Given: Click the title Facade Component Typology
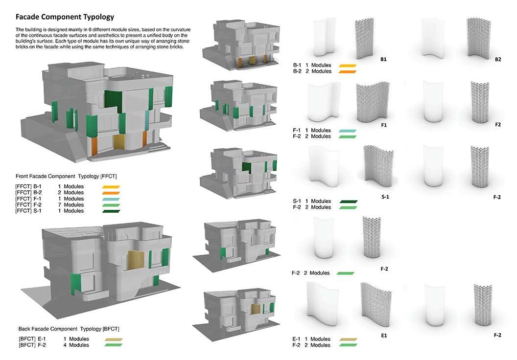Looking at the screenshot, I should click(65, 17).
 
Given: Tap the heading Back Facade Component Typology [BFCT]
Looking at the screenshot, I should click(69, 329).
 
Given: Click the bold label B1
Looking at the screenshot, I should click(383, 60).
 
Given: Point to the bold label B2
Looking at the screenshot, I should click(498, 60).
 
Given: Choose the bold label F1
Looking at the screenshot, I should click(384, 125).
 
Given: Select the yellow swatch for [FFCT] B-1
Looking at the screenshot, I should click(112, 187).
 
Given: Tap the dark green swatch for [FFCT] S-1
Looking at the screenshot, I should click(112, 211).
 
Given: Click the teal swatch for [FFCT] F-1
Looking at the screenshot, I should click(112, 199).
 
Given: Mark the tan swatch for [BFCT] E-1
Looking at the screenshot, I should click(113, 338).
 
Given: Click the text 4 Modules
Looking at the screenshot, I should click(76, 345).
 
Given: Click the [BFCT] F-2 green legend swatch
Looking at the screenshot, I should click(113, 345).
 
